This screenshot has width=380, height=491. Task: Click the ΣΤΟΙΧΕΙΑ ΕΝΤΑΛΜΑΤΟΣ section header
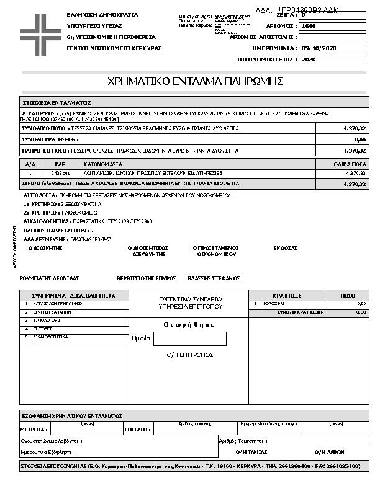(x=57, y=102)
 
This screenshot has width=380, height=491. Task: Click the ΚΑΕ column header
(x=52, y=164)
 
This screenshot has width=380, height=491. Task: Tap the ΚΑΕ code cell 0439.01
(x=52, y=173)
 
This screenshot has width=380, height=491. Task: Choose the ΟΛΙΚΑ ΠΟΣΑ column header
(x=349, y=164)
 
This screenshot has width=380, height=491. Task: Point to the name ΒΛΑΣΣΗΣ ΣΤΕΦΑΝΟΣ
(x=215, y=278)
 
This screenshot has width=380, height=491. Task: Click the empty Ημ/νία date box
(x=189, y=338)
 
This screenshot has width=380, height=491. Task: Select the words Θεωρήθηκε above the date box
(x=189, y=324)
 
